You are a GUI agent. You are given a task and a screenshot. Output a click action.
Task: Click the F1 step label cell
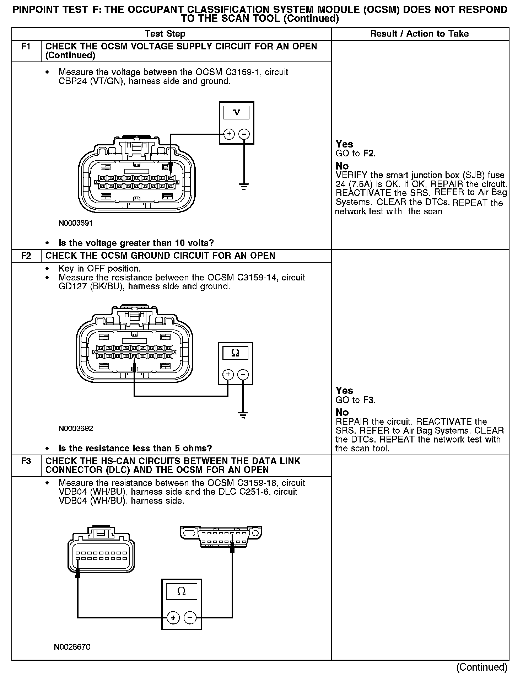tap(26, 47)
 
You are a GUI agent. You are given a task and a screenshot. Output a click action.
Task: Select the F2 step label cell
tap(26, 256)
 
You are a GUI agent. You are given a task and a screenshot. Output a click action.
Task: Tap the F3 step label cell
tap(26, 461)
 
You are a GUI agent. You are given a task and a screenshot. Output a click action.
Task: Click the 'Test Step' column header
tap(165, 34)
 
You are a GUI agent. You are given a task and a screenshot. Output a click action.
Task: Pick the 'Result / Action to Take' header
tap(419, 34)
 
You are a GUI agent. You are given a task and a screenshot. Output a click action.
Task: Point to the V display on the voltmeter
tap(236, 113)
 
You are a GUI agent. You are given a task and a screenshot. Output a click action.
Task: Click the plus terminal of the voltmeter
tap(229, 134)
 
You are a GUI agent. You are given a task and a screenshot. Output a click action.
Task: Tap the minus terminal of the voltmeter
tap(244, 134)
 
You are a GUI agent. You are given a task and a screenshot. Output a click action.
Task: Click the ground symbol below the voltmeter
tap(244, 186)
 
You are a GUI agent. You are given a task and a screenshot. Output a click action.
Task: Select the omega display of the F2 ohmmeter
tap(235, 353)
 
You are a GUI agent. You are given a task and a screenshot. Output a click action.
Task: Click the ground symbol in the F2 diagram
tap(243, 414)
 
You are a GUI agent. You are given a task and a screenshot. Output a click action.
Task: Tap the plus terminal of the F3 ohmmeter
tap(173, 618)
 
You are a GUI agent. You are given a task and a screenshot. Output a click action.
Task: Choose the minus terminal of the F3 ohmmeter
tap(190, 618)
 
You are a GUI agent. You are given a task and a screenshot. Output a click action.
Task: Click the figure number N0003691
tap(76, 223)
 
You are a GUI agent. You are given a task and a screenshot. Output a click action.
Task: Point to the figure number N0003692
tap(76, 429)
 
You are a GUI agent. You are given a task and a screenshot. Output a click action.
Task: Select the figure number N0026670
tap(72, 647)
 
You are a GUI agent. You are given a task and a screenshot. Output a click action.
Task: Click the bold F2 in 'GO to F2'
tap(368, 154)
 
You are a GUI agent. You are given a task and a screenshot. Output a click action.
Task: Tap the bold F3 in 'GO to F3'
tap(368, 400)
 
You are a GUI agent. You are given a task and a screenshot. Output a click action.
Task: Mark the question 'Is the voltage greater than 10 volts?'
tap(136, 243)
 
